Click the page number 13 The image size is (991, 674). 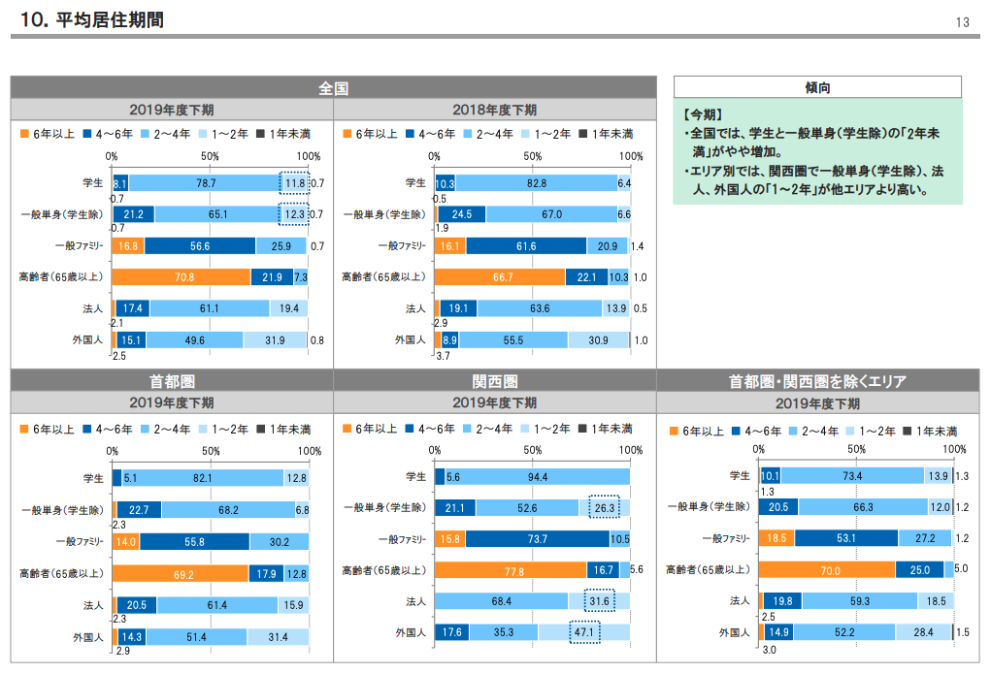[x=963, y=21]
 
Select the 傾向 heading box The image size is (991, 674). [x=817, y=87]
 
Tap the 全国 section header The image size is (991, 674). [x=333, y=88]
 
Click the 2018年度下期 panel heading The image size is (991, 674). [x=494, y=110]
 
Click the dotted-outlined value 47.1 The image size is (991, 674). [x=584, y=632]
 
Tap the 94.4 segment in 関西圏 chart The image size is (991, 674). [x=537, y=476]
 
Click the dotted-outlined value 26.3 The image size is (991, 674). [x=604, y=507]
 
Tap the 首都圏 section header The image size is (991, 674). [x=171, y=381]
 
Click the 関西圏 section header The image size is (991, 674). [x=494, y=381]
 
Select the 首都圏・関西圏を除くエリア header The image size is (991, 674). [x=817, y=381]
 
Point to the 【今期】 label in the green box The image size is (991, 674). [x=703, y=113]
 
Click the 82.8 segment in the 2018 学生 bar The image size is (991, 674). [x=536, y=182]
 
